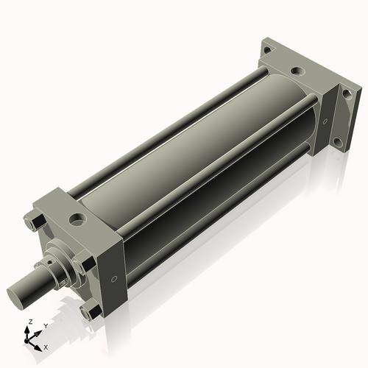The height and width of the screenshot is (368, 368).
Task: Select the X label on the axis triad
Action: tap(46, 346)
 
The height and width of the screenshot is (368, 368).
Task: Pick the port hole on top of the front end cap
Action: tap(77, 219)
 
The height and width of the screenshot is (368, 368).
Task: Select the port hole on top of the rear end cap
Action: tap(295, 71)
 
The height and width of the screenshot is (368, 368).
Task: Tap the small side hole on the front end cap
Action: tap(114, 279)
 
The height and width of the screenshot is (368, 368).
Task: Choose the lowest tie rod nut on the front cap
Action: tap(91, 312)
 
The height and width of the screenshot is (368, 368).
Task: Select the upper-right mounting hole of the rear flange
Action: tap(342, 93)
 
